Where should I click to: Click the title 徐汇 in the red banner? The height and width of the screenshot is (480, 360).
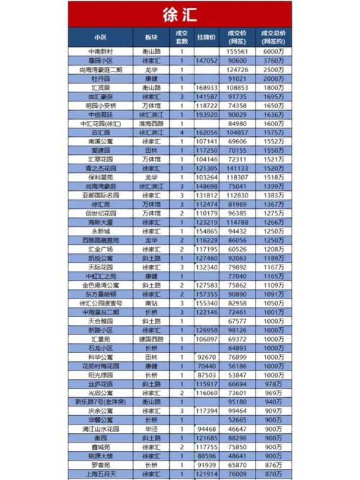pos(181,14)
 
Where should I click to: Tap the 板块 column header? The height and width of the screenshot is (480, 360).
pos(150,36)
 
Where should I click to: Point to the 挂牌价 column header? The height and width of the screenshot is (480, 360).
pos(207,36)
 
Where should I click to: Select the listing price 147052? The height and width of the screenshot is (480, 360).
pos(207,61)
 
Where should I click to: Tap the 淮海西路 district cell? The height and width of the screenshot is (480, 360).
pos(150,123)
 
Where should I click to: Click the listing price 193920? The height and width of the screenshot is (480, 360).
pos(207,114)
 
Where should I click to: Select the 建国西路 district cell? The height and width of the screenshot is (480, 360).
pos(150,338)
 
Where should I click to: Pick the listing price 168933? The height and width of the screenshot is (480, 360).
pos(207,87)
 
